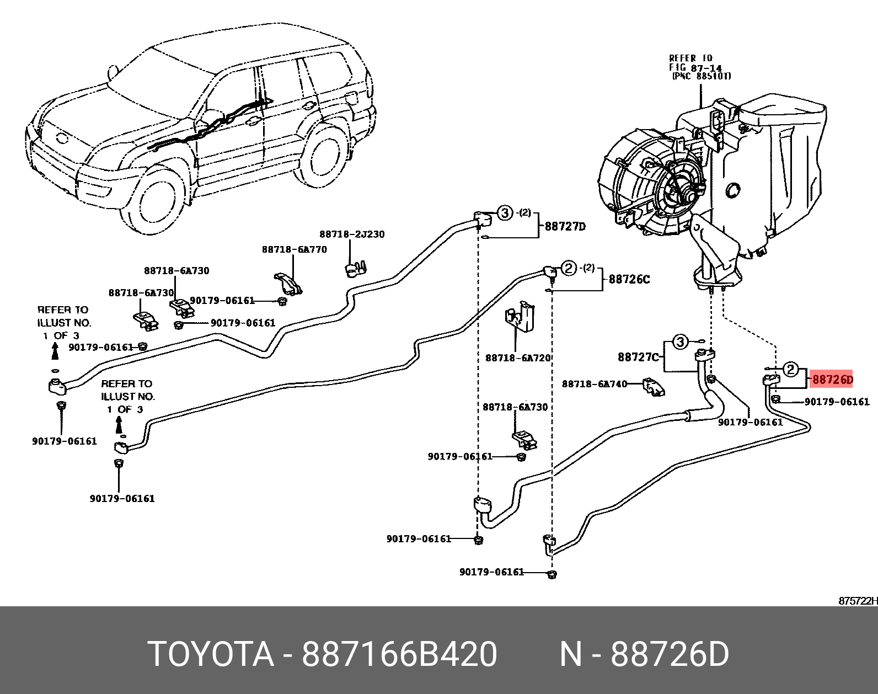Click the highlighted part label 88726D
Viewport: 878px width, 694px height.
832,380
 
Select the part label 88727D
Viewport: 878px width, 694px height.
565,226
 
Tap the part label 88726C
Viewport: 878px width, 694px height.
629,280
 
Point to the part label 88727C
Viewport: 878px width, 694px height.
639,357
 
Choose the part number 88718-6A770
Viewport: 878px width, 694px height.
294,249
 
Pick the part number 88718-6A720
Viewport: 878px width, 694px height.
518,358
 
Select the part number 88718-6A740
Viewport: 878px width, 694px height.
595,383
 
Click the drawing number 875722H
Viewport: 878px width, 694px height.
858,601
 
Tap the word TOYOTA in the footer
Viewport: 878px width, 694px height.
211,655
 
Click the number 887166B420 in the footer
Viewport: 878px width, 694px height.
399,655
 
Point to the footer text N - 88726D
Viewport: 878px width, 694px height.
644,655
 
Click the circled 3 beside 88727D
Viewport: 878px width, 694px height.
505,213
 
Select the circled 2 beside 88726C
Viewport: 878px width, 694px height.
568,269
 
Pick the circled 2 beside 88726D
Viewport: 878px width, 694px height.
791,369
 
